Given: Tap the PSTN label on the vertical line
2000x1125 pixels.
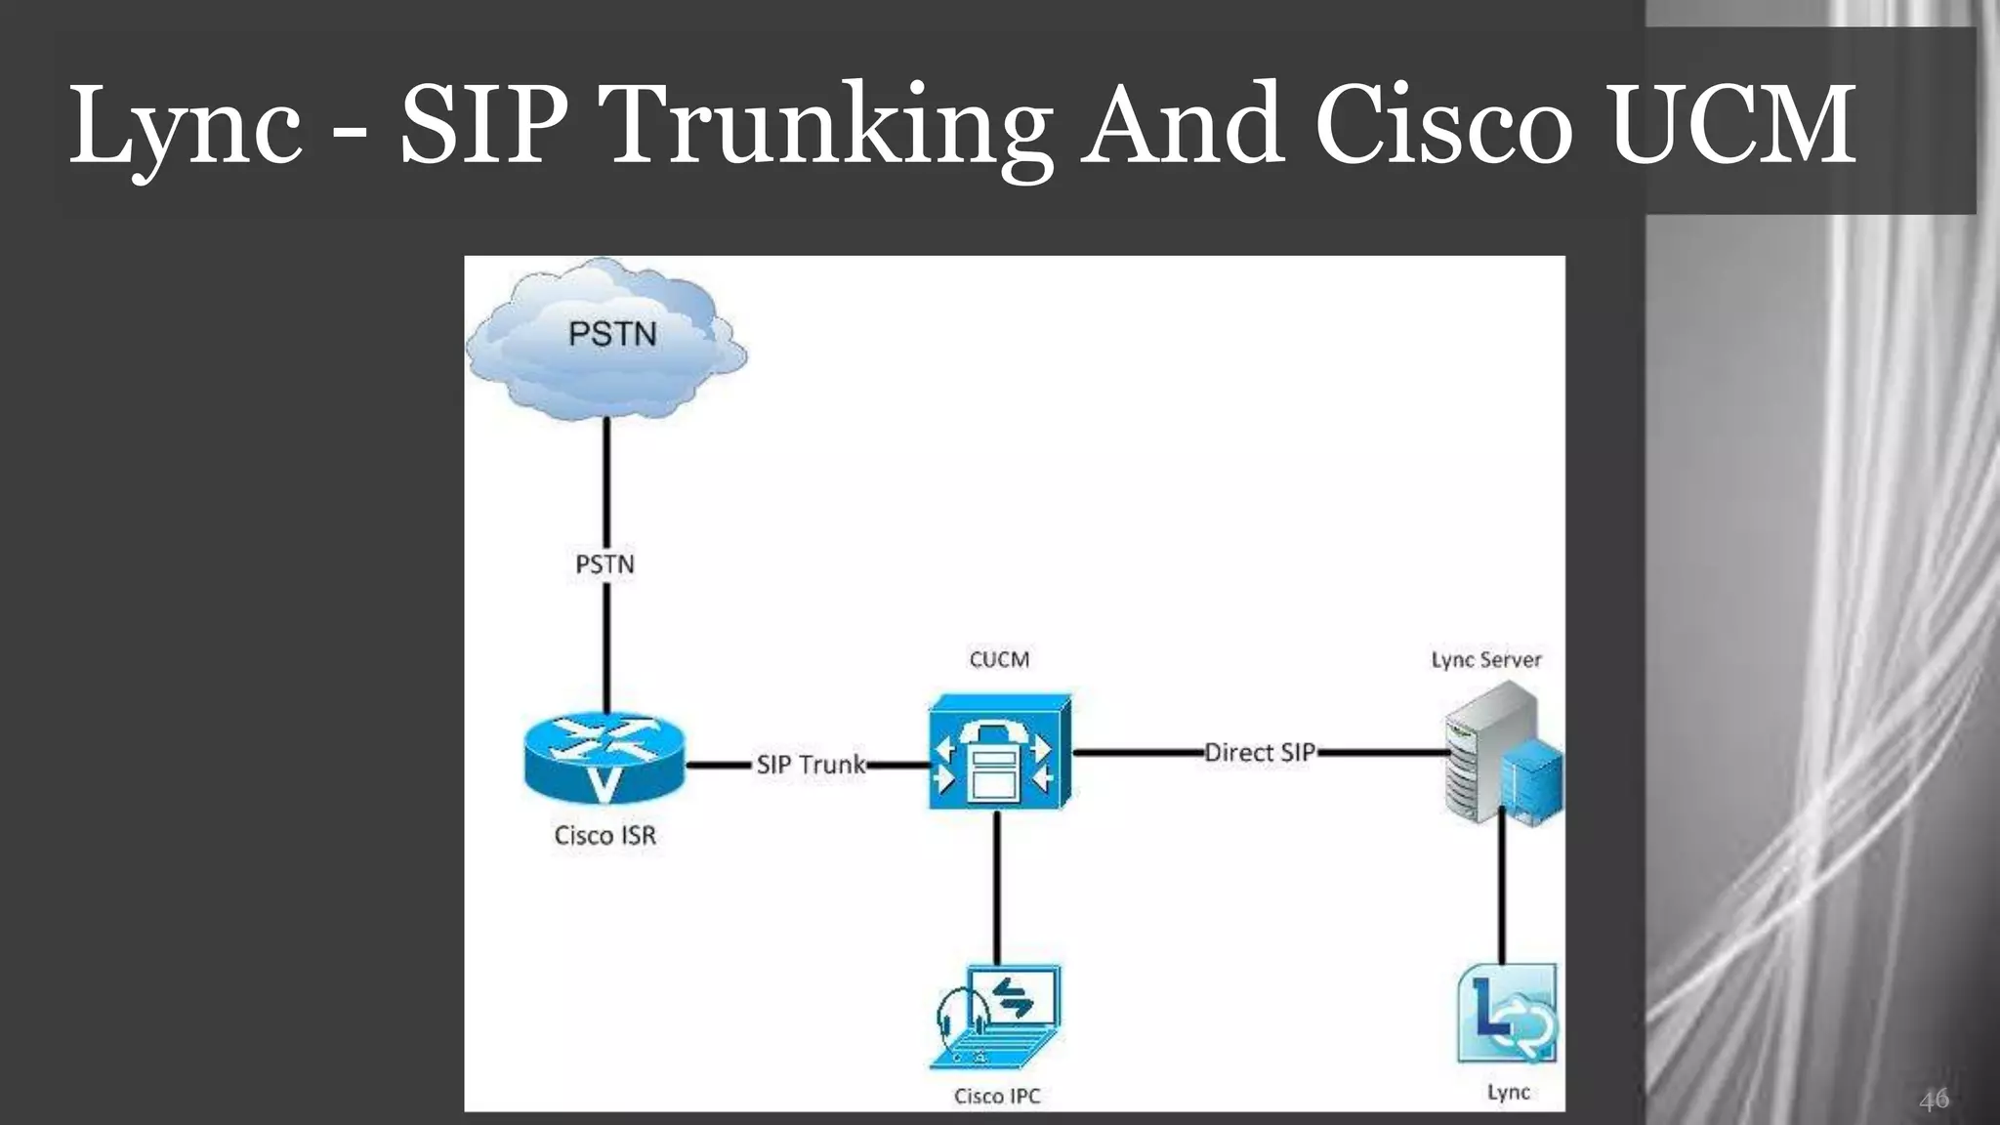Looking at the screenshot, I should (x=604, y=564).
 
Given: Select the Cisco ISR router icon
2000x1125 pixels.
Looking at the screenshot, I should (x=604, y=759).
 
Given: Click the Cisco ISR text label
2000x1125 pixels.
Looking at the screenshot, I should (x=604, y=836).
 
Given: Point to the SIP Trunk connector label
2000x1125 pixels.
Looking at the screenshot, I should (x=811, y=765).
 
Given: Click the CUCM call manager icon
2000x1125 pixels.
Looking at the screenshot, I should (x=1000, y=752).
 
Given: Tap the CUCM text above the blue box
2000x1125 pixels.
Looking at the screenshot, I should (x=999, y=660).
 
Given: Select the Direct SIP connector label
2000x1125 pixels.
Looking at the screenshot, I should (x=1260, y=753).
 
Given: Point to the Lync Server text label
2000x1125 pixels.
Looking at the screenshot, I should (x=1486, y=660).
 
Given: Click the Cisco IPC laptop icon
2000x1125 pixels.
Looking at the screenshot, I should (x=996, y=1018).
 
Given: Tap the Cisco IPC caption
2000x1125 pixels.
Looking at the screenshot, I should (x=997, y=1096).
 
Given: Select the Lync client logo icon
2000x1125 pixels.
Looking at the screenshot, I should (x=1507, y=1015).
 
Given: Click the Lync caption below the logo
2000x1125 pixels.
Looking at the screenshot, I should (x=1508, y=1092).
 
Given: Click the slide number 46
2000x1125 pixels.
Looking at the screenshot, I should (x=1934, y=1100).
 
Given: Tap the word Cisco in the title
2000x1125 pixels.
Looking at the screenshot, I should (x=1444, y=127).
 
